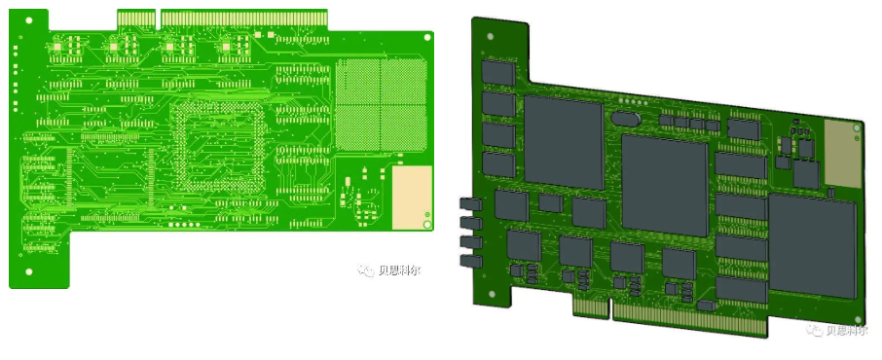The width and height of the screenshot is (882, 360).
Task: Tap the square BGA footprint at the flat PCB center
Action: tap(218, 146)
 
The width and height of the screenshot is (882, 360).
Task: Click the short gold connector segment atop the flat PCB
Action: tap(136, 18)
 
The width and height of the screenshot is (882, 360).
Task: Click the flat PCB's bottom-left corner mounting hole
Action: tap(28, 271)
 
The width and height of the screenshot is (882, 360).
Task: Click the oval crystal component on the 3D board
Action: tap(624, 119)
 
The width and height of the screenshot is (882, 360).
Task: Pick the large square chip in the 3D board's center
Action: tap(665, 184)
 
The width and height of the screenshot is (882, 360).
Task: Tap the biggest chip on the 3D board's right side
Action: tap(812, 246)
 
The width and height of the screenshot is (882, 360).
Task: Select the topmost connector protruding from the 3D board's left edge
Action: tap(470, 204)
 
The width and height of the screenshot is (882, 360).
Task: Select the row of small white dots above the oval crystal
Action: tap(634, 100)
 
